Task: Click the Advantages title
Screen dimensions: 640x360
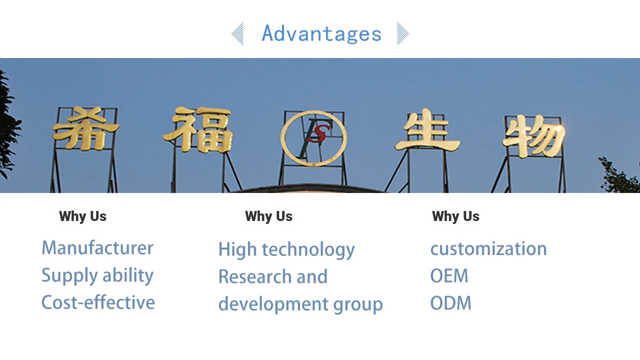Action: coord(321,34)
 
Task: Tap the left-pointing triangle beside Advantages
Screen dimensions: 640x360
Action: coord(238,34)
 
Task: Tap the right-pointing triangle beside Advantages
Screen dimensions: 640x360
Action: coord(402,34)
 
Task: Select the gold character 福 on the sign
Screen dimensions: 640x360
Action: coord(198,129)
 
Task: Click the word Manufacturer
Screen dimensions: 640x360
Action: coord(97,248)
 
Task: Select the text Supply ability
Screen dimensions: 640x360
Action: coord(97,275)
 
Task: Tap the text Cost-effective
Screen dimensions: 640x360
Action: coord(98,302)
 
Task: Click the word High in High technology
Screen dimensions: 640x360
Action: coord(237,249)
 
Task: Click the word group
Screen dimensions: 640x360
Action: coord(358,304)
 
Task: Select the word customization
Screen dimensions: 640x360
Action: coord(488,249)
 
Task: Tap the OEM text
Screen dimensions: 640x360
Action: coord(449,276)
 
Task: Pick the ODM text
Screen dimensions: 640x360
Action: coord(450,303)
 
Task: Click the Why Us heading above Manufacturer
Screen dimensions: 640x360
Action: coord(83,216)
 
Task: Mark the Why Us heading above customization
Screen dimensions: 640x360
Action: coord(455,216)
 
